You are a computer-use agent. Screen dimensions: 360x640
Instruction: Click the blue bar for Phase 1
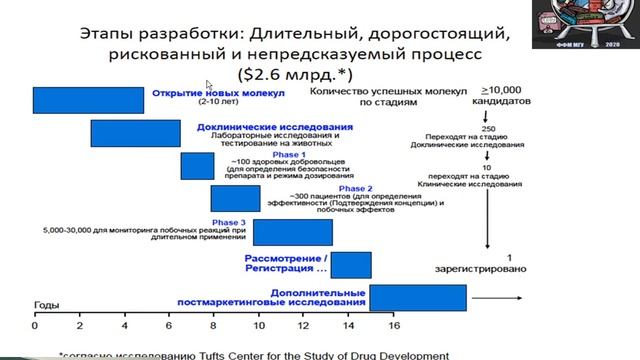[197, 166]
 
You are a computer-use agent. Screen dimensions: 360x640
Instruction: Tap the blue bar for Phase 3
[292, 231]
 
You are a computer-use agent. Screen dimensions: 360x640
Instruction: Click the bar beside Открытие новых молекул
[88, 101]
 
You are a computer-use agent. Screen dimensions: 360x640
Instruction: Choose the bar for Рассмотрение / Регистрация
[352, 264]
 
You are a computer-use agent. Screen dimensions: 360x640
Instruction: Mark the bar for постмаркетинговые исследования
[418, 297]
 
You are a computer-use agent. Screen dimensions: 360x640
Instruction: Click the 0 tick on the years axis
[34, 325]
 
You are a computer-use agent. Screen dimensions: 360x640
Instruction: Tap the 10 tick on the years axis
[259, 325]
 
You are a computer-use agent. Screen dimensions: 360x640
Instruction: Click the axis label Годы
[47, 303]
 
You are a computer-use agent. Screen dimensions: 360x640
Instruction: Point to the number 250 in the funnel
[487, 130]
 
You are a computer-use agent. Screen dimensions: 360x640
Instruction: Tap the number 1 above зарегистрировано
[509, 255]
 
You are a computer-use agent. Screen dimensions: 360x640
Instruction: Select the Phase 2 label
[356, 187]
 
